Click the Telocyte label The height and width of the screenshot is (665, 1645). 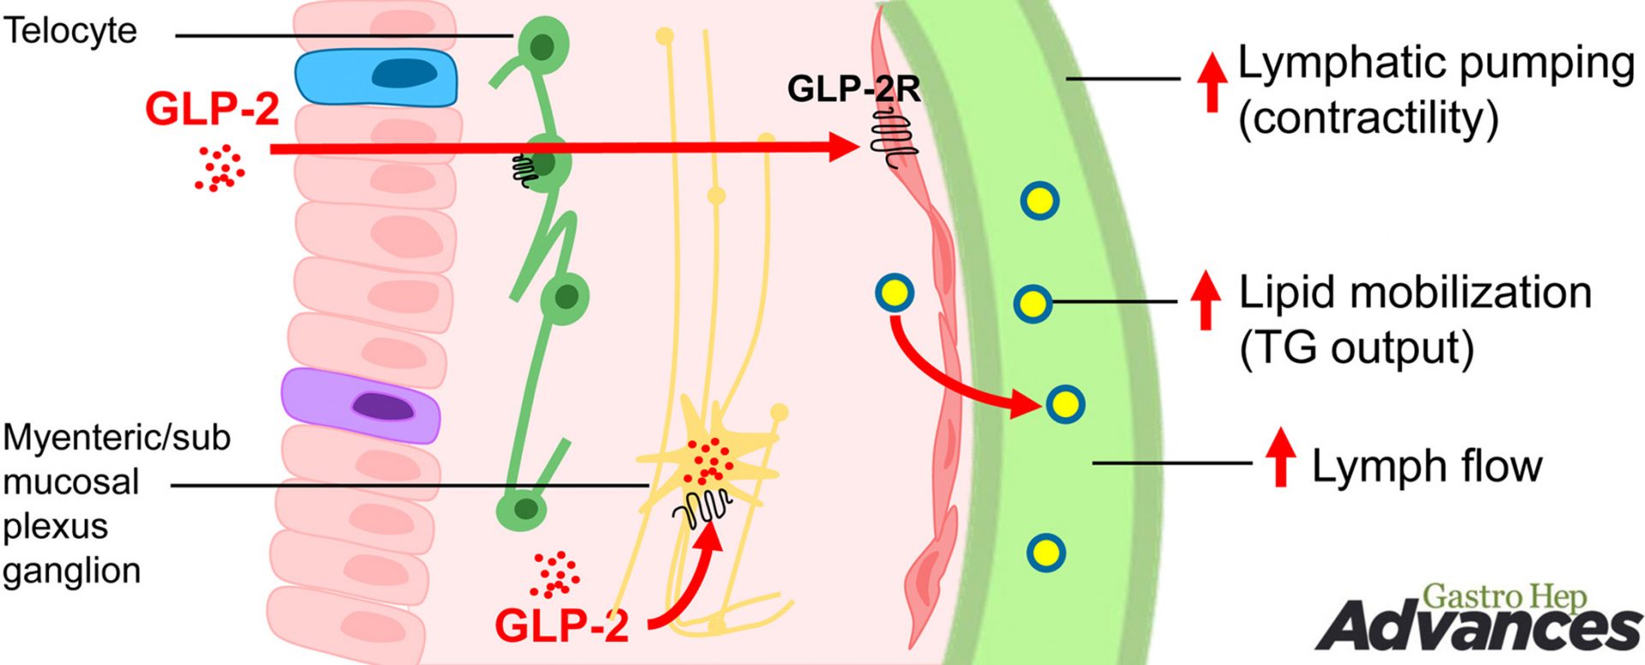coord(70,31)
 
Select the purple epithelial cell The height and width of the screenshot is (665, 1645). coord(361,405)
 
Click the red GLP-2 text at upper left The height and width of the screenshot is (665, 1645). coord(212,110)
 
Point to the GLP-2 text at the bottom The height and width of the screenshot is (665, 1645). coord(561,626)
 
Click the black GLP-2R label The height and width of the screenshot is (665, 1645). coord(853,88)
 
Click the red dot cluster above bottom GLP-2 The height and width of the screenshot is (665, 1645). coord(554,574)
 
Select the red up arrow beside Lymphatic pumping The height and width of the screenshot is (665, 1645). coord(1211,81)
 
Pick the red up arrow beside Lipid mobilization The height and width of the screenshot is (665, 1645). coord(1205,300)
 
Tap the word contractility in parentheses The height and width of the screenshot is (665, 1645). coord(1368,118)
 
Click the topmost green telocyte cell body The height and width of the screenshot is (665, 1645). coord(542,45)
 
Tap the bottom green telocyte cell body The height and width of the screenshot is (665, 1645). coord(522,509)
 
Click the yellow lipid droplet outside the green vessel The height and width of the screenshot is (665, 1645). coord(894,294)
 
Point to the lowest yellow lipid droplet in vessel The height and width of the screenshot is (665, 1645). coord(1045,553)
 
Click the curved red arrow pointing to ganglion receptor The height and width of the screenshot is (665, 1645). coord(685,583)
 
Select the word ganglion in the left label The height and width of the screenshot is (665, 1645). coord(71,571)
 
